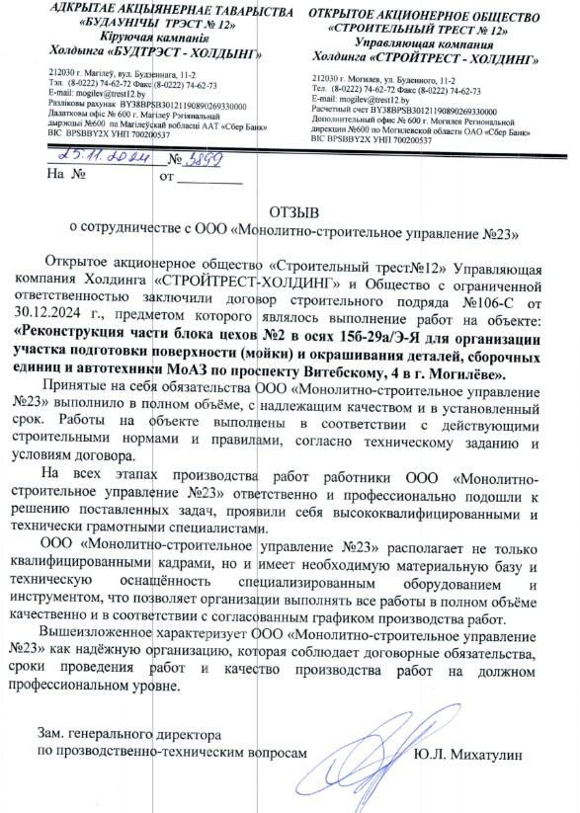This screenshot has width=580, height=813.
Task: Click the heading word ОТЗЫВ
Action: pyautogui.click(x=297, y=210)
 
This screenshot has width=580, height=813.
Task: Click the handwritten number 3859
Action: pyautogui.click(x=187, y=158)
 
